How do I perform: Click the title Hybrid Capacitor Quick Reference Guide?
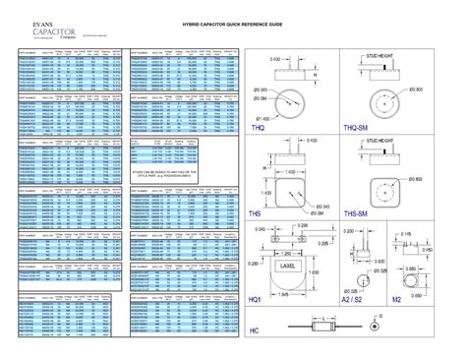(233, 22)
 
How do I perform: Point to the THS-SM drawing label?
(356, 213)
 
